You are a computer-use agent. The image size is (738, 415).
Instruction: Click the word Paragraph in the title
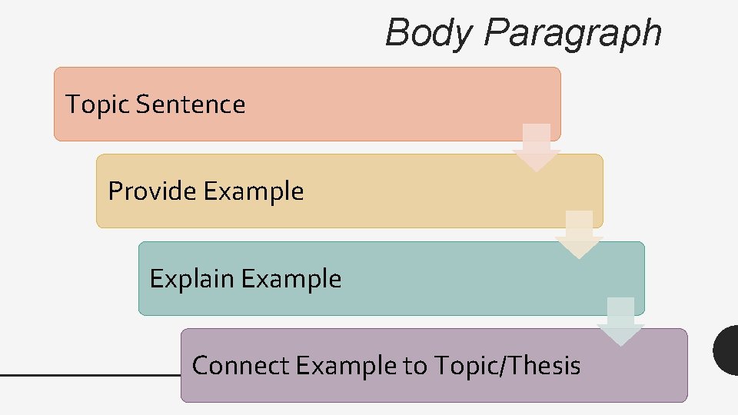(x=573, y=34)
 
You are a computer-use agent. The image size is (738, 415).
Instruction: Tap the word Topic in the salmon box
(x=98, y=105)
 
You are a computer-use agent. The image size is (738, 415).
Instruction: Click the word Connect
(x=240, y=366)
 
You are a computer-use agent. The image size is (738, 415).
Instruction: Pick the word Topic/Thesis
(x=507, y=366)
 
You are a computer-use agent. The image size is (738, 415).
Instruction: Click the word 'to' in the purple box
(x=416, y=366)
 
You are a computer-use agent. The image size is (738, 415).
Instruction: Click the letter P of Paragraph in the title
(x=497, y=34)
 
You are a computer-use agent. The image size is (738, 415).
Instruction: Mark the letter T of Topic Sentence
(x=73, y=105)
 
